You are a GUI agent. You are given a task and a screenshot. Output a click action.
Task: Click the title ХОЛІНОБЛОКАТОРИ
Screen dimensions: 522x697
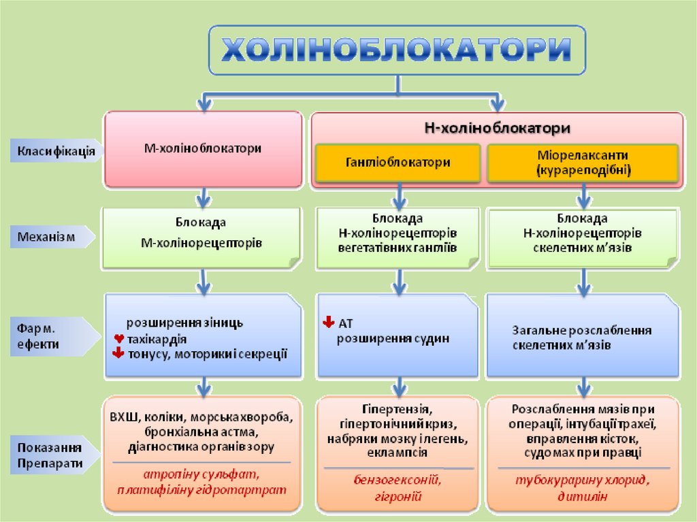point(397,50)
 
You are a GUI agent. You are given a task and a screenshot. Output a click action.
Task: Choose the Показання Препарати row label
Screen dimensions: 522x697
point(50,455)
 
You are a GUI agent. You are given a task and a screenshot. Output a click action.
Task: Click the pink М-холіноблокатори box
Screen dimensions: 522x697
point(202,148)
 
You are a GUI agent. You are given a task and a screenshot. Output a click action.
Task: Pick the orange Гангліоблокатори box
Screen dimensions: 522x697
point(398,163)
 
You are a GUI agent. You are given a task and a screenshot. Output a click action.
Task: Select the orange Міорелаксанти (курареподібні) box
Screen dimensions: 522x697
point(583,163)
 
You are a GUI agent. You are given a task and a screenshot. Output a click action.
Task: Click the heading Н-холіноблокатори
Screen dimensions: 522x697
point(497,127)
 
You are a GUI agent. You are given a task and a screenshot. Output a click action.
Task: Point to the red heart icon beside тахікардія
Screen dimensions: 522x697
point(118,338)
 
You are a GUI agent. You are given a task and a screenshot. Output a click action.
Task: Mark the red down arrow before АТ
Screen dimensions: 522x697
point(328,322)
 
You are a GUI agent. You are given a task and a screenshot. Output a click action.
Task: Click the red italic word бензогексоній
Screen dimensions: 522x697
point(397,480)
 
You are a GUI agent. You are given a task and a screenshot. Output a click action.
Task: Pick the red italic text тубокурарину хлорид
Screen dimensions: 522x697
point(583,480)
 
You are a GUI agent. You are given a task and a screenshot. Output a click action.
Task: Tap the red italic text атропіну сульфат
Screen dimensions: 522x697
point(201,474)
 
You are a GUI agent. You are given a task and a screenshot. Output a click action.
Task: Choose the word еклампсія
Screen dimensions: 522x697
point(397,453)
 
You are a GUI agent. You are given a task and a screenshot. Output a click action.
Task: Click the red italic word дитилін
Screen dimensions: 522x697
point(583,496)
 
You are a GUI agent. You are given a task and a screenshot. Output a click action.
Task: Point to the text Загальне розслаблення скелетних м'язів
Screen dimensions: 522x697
point(582,338)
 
